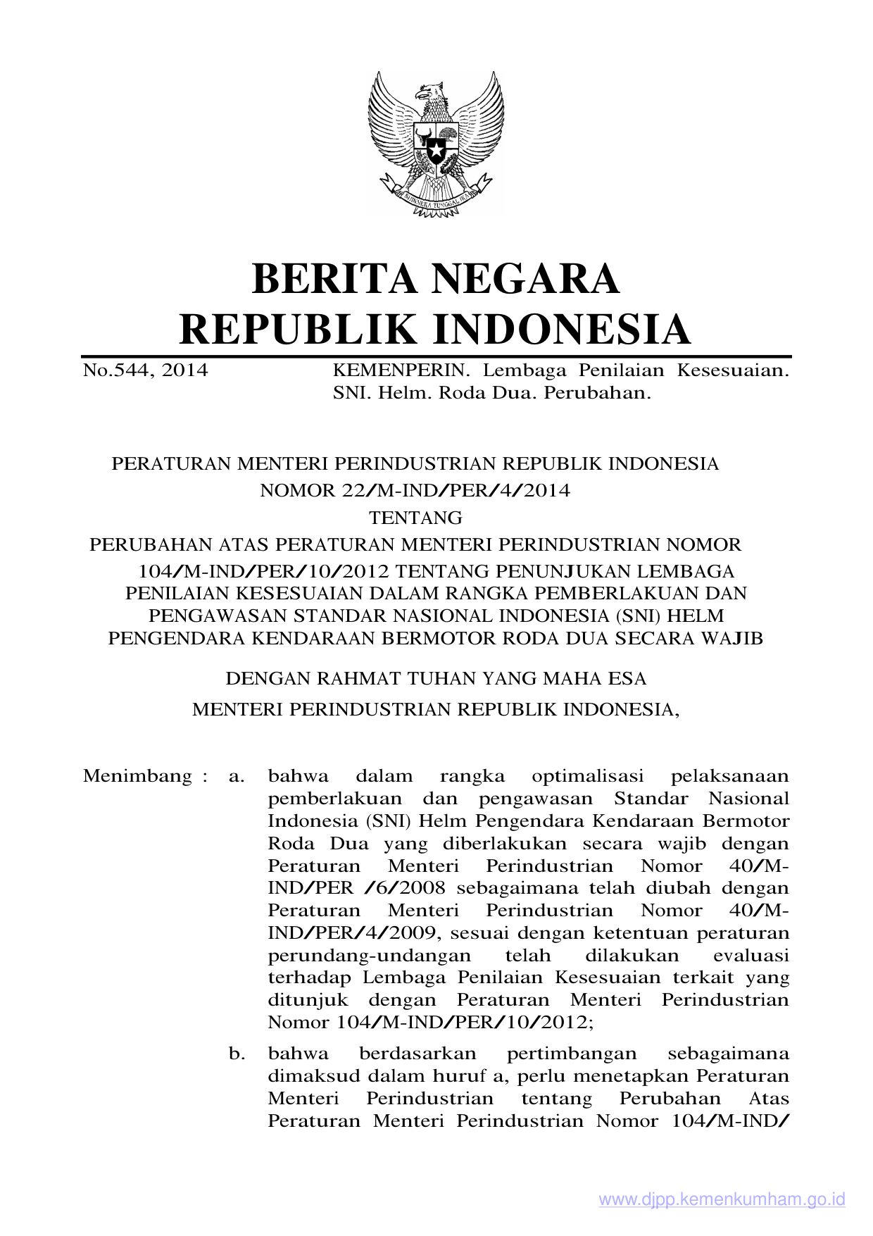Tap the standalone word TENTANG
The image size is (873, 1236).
[415, 518]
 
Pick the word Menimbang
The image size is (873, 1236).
[138, 776]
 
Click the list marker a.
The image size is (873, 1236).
[237, 777]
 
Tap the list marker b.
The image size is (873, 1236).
[237, 1054]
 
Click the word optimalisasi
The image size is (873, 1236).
[588, 776]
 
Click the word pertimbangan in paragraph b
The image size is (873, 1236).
[572, 1054]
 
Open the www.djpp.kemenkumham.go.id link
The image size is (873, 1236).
[722, 1199]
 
